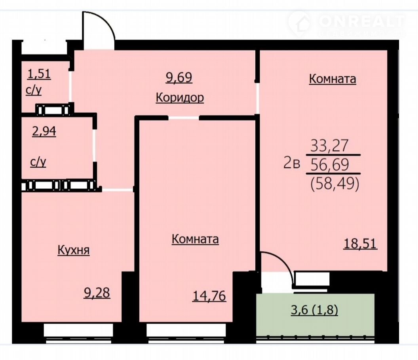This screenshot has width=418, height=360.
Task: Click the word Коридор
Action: pos(180,98)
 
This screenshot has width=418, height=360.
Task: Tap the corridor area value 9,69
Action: pos(179,78)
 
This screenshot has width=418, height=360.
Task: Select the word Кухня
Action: pos(74,250)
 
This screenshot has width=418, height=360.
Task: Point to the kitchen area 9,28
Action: pos(97,293)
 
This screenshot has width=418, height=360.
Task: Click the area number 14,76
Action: pos(209,296)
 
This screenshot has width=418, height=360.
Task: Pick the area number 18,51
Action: pos(361,244)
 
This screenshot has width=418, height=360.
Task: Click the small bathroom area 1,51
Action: pos(39,74)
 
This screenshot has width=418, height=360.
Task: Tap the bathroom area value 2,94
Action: pos(44,131)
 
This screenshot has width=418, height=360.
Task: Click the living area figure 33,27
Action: pos(330,146)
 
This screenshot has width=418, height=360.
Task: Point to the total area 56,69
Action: pos(330,165)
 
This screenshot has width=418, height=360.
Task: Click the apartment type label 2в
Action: pos(292,163)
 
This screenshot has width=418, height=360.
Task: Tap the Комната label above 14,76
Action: pos(195,239)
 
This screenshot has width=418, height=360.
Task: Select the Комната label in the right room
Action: pos(332,79)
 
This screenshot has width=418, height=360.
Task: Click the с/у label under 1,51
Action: pos(34,91)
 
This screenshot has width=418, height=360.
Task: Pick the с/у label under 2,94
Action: pos(38,162)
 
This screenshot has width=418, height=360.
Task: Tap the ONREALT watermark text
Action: pos(362,21)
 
